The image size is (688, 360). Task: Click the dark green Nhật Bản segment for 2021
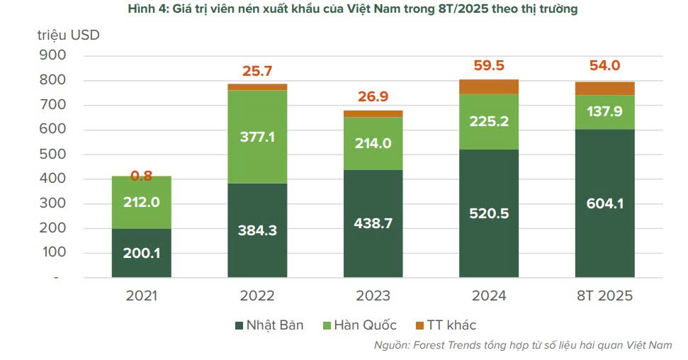click(141, 252)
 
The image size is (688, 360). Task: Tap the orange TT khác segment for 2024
click(489, 86)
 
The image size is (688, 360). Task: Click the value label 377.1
click(257, 137)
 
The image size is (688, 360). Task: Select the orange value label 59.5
click(489, 66)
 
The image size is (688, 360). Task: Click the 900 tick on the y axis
click(55, 55)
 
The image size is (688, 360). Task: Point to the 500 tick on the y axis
click(55, 154)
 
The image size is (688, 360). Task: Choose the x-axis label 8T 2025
click(604, 296)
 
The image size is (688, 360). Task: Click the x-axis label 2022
click(257, 296)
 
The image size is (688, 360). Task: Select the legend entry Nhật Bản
click(274, 325)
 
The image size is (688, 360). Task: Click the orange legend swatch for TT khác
click(419, 325)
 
